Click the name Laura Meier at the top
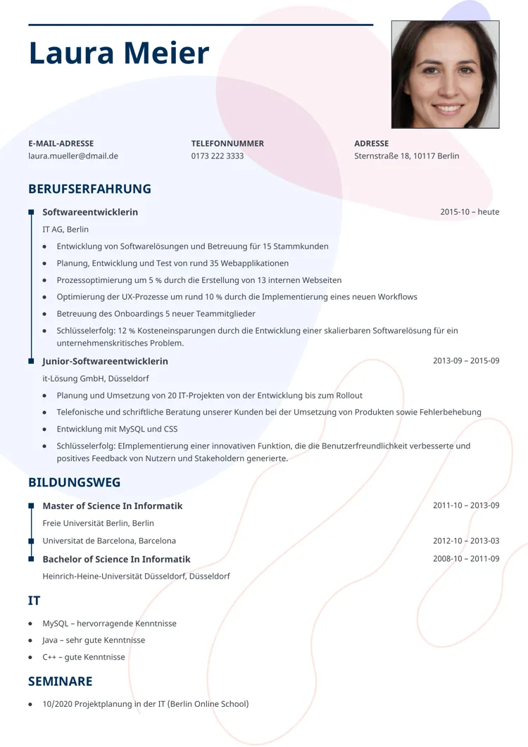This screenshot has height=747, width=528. (119, 54)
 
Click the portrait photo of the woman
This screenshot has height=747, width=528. (445, 74)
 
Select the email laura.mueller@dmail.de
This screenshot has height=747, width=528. (73, 156)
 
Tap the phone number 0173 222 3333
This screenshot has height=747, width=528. (218, 156)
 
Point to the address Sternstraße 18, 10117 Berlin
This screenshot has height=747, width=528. (406, 156)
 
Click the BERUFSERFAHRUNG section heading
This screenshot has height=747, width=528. (89, 189)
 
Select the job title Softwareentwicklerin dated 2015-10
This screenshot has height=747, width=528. (90, 212)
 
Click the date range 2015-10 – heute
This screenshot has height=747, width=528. (470, 212)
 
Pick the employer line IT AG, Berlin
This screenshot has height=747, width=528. (65, 230)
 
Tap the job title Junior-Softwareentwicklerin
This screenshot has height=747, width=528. (105, 361)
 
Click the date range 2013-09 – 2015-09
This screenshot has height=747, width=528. (466, 361)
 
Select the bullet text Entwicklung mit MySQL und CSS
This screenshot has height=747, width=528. (117, 429)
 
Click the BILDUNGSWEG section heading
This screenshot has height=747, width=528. (74, 482)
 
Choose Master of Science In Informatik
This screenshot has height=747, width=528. (112, 506)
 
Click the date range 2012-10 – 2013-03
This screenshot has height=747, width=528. (466, 541)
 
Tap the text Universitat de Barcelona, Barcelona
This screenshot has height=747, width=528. (109, 541)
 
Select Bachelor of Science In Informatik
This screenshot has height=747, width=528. (116, 559)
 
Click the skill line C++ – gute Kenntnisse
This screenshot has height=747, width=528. (84, 657)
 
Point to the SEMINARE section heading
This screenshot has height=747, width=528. (60, 681)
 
